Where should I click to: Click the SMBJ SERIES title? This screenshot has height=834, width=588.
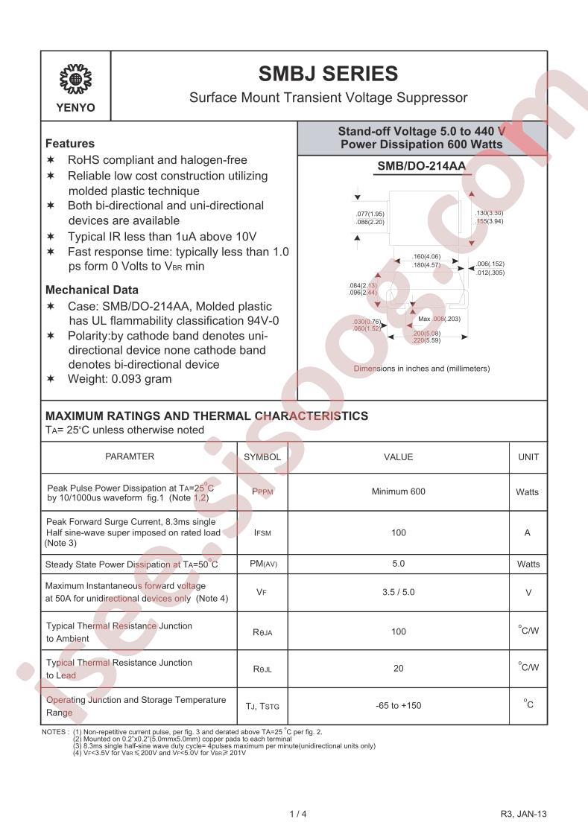(328, 74)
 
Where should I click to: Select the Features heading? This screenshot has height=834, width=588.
(70, 144)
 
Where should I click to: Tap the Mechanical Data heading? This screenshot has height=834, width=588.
(92, 290)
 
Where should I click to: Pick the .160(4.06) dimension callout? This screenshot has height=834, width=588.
(426, 257)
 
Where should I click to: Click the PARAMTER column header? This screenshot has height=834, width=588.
(130, 456)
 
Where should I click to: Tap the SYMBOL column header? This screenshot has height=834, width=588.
(262, 457)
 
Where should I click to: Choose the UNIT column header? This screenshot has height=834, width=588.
(528, 457)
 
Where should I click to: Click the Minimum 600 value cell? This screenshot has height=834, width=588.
(398, 491)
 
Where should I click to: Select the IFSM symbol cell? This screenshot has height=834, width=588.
(262, 533)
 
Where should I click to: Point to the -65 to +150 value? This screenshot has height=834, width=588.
(398, 705)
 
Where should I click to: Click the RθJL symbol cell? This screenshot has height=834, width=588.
(262, 669)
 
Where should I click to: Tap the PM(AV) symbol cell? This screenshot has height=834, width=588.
(262, 564)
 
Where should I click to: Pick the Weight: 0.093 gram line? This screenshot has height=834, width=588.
(119, 379)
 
